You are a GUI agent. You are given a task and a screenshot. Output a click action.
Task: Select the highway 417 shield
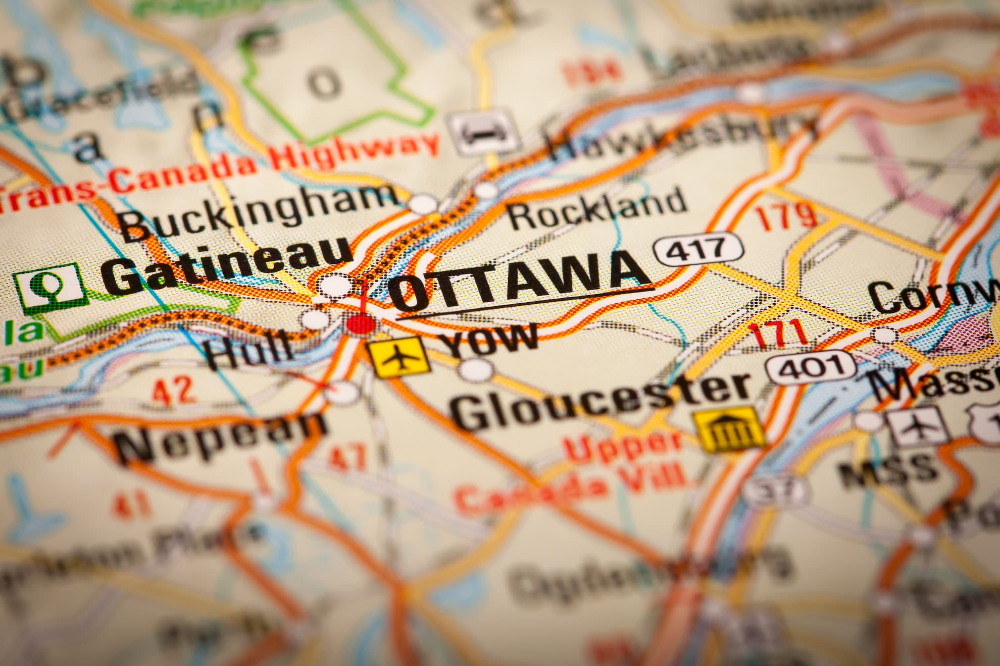click(x=698, y=249)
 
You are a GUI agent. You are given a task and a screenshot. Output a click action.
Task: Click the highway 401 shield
click(x=811, y=367)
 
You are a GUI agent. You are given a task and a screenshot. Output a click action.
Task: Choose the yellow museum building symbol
click(x=729, y=430)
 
